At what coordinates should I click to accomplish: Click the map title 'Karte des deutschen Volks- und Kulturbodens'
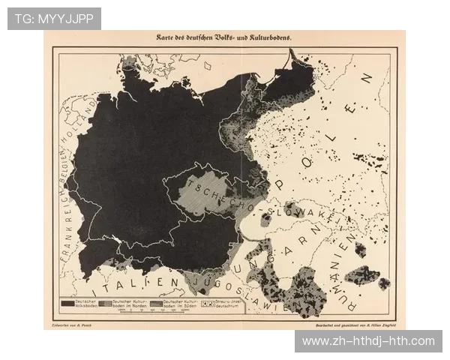tap(224, 37)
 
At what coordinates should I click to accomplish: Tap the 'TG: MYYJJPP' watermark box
tap(54, 18)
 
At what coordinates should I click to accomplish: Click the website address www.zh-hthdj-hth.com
tap(368, 341)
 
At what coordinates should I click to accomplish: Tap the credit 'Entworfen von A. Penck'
tap(70, 325)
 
